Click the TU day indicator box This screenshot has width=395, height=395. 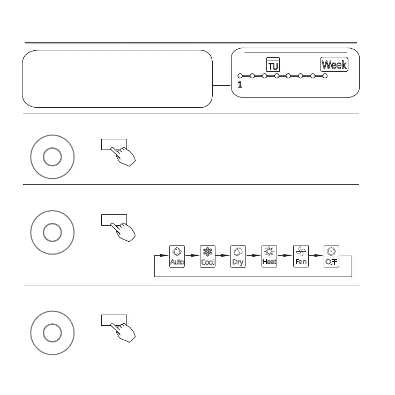pos(273,65)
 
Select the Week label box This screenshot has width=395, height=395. pos(334,65)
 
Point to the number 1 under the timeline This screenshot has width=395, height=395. pos(240,85)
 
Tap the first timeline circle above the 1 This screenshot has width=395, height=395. pos(240,76)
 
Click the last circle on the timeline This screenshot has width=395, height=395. pos(325,76)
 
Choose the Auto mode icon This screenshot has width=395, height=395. pos(177,257)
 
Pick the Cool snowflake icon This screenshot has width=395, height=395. pos(207,257)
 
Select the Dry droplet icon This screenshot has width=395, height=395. pos(238,257)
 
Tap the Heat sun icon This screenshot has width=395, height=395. pos(269,257)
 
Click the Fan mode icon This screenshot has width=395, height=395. pos(301,257)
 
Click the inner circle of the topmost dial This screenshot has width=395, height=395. pos(52,156)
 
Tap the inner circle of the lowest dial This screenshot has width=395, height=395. pos(52,333)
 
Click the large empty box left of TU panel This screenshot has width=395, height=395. pos(117,79)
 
